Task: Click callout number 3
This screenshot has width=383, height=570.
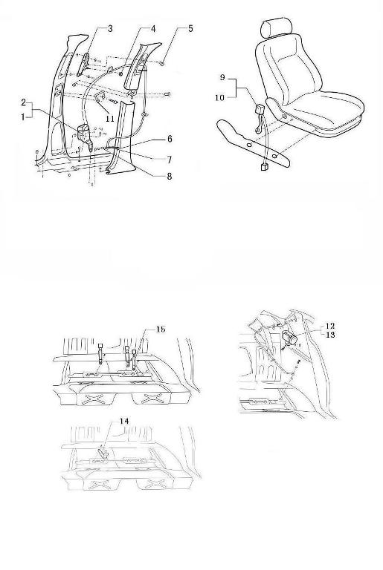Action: (x=110, y=28)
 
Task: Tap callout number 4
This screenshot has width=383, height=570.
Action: (x=153, y=29)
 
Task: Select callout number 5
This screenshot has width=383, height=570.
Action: (x=190, y=28)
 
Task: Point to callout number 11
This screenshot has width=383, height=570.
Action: (x=110, y=119)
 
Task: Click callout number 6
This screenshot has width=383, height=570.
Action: (x=170, y=139)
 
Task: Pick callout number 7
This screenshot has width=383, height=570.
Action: (x=170, y=160)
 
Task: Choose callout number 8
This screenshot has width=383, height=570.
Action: (x=170, y=177)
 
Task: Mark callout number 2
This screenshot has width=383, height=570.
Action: (x=24, y=102)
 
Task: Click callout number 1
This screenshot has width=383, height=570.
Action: (x=23, y=117)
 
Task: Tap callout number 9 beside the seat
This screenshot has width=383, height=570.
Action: (x=222, y=77)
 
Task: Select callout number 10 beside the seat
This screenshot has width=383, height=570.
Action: (x=219, y=97)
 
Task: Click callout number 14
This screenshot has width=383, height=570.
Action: (x=124, y=421)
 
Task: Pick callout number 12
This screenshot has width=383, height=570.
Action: (x=329, y=326)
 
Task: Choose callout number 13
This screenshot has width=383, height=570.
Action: (x=329, y=335)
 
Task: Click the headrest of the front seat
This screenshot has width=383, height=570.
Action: (x=277, y=27)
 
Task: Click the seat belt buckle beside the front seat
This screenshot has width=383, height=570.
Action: (x=260, y=110)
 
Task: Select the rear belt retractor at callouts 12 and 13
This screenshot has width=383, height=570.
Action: (x=291, y=337)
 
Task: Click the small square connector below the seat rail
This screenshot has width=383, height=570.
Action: (x=264, y=167)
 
